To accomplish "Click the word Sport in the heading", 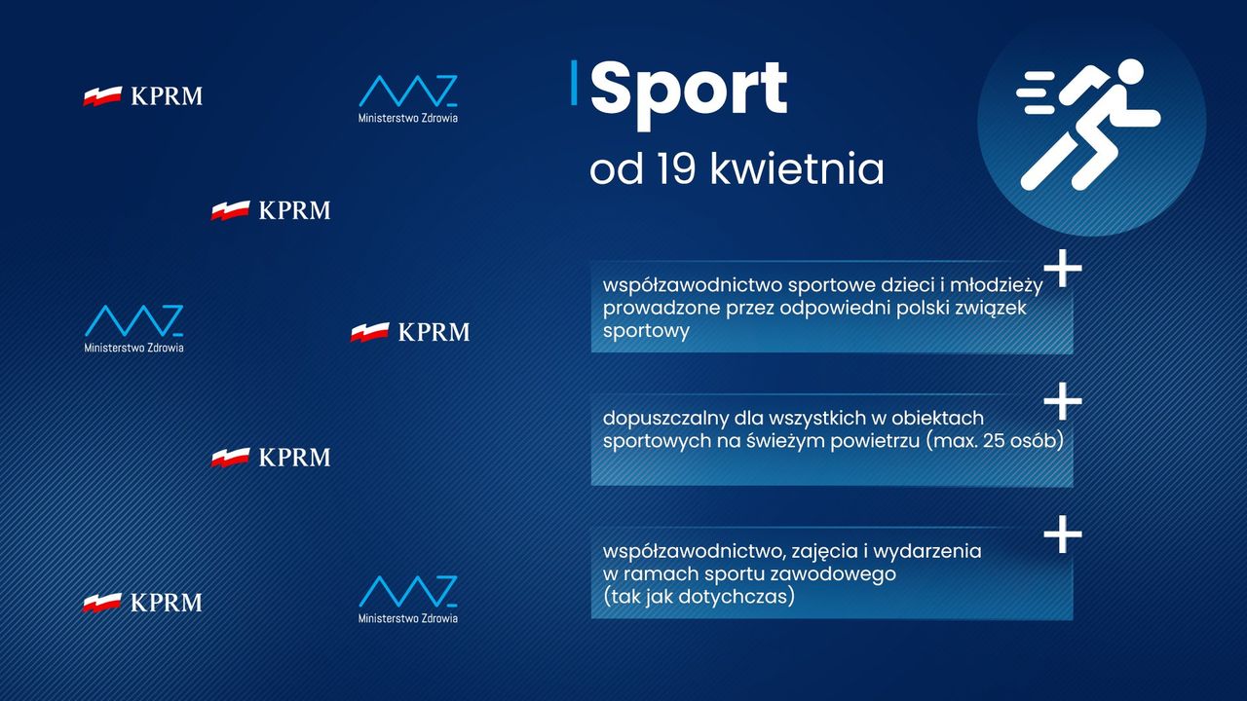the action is pyautogui.click(x=689, y=93).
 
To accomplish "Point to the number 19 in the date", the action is pyautogui.click(x=676, y=168).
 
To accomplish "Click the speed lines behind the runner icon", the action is pyautogui.click(x=1036, y=92).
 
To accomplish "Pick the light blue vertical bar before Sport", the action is pyautogui.click(x=574, y=83).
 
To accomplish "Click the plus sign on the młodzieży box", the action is pyautogui.click(x=1063, y=268).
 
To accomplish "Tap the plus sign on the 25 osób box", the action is pyautogui.click(x=1063, y=400).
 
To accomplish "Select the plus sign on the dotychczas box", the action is pyautogui.click(x=1063, y=535).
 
